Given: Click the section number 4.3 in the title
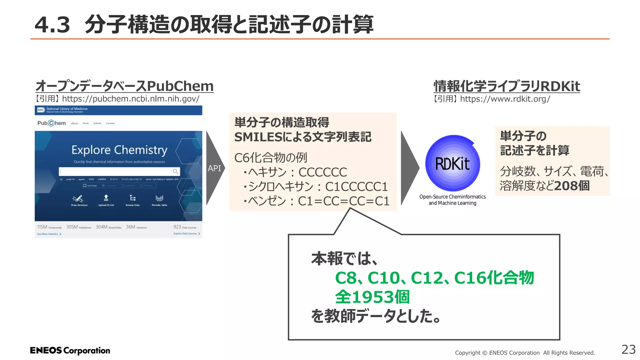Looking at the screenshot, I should pos(52,25).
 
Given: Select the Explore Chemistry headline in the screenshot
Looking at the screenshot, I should pos(119,150).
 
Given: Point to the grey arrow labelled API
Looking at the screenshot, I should pos(214,168).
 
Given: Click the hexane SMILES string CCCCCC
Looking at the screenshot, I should pos(322,172).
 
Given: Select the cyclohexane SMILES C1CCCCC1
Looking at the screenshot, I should pos(356,187).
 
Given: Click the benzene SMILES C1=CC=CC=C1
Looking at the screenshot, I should pos(343,201).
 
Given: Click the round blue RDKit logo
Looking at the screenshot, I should pos(452,163).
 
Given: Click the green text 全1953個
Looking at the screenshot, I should pos(372,297).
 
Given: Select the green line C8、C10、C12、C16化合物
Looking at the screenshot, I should pos(434,278).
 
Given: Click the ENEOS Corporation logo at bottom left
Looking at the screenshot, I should pos(70,351).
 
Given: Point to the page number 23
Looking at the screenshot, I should pos(628,350).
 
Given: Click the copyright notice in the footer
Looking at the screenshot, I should pos(525,353).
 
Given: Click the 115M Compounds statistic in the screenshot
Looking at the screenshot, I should pos(49,227).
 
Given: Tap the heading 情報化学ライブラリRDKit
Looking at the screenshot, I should pos(507,87).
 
